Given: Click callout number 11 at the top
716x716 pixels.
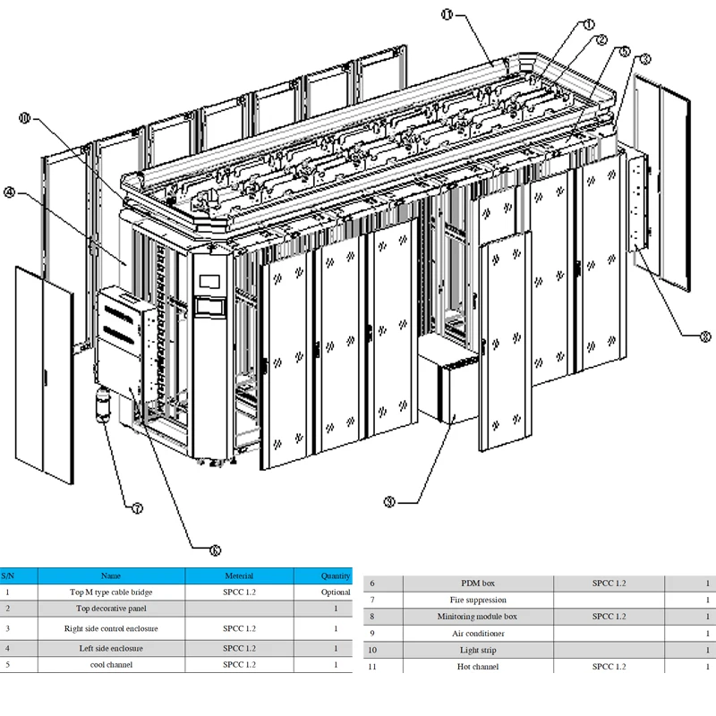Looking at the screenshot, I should point(447,13).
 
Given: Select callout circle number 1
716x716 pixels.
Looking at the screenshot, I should point(589,24).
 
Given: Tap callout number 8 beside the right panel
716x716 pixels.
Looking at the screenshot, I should point(704,337).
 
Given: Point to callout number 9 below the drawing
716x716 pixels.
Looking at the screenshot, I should point(389,502).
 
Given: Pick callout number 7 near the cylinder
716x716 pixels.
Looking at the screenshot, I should point(137,508).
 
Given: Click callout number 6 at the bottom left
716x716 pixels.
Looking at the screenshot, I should point(214,550).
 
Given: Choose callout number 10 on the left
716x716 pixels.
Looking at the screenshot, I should point(24,117).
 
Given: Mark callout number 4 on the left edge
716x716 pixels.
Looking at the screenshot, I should point(9,192).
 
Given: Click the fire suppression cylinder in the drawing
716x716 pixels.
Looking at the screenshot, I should point(102,406).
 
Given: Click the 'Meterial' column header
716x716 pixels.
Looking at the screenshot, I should point(239,575).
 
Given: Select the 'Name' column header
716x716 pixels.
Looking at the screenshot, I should point(111,575).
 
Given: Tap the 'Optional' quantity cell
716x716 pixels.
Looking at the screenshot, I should point(336,592).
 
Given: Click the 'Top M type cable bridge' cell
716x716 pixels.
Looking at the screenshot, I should point(111,592).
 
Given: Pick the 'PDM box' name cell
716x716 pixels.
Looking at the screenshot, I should point(477,584).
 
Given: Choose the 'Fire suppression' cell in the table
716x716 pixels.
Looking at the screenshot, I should point(477,600).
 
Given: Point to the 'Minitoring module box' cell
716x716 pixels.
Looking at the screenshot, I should point(477,617).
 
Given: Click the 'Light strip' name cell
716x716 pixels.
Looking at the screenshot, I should point(477,650).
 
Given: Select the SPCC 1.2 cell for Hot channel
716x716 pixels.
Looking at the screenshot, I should point(609,667).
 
